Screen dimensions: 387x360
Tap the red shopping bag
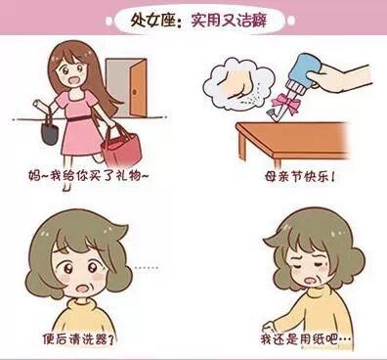coord(121,150)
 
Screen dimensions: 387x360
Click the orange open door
coord(138,87)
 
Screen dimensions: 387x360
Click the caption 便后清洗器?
coord(78,339)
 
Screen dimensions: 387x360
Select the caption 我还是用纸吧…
coord(306,339)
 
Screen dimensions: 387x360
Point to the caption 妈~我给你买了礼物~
coord(88,176)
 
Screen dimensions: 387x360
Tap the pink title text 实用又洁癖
coord(229,21)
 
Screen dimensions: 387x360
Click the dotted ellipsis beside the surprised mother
coord(147,268)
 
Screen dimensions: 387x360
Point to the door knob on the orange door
coord(135,93)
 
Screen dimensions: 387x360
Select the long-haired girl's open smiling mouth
coord(67,80)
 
